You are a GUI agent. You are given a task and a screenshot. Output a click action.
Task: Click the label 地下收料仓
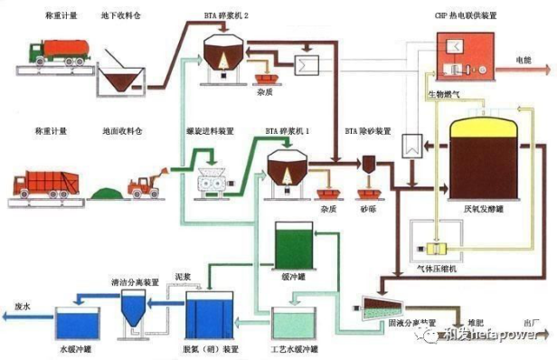[x=121, y=17]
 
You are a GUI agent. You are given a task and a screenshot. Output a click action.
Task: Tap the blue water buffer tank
[x=79, y=323]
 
